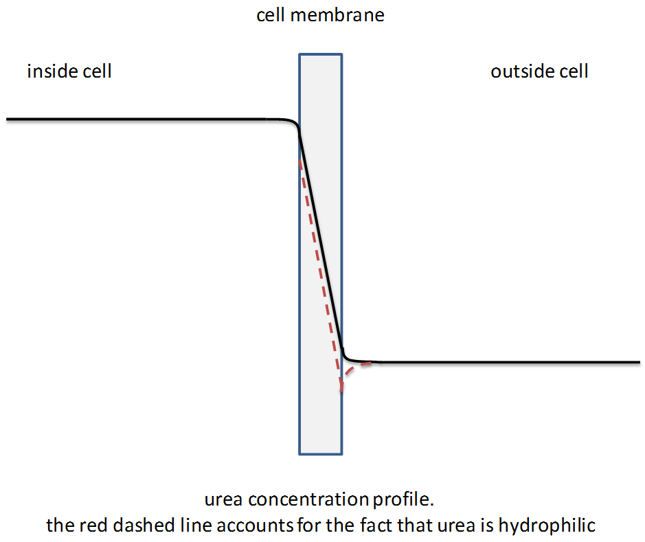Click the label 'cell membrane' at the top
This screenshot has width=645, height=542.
[x=320, y=15]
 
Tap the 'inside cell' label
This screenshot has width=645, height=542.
[x=69, y=71]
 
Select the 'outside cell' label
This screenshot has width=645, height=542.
[x=539, y=71]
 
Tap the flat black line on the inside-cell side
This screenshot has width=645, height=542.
[x=137, y=120]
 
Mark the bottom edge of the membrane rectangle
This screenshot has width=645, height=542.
[x=320, y=454]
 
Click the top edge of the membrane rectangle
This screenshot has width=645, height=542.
[x=320, y=54]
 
